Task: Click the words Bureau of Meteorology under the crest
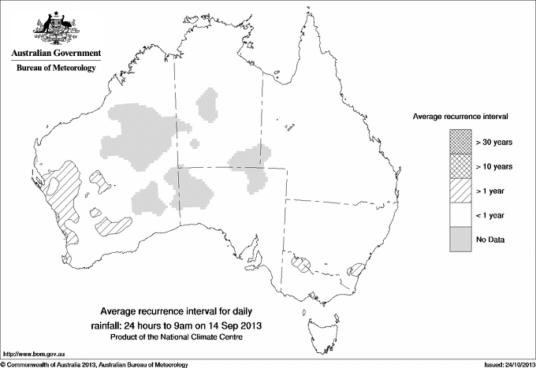(x=56, y=69)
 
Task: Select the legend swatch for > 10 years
(x=460, y=165)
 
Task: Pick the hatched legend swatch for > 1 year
(x=460, y=190)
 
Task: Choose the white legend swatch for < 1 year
(x=460, y=214)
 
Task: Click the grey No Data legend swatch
(x=460, y=239)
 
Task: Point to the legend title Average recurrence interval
(x=460, y=116)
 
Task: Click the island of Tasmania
(x=318, y=324)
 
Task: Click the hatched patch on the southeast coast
(x=356, y=269)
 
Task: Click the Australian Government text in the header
(x=56, y=54)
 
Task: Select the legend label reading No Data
(x=489, y=239)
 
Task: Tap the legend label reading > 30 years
(x=493, y=142)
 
